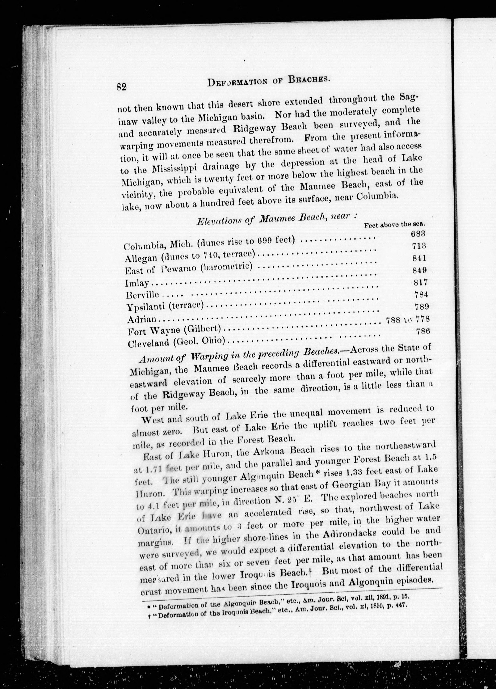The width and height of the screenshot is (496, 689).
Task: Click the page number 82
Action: (x=121, y=87)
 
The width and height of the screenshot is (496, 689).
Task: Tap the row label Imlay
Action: (x=137, y=283)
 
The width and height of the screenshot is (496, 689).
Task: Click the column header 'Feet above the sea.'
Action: (x=394, y=225)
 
